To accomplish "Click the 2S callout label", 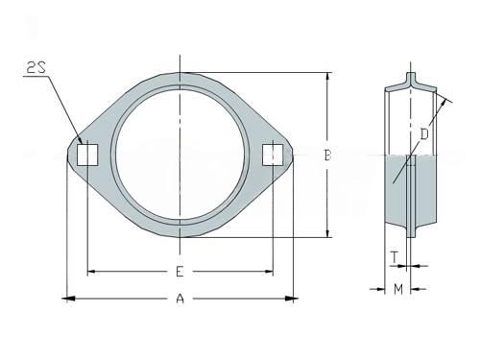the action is pos(36,68).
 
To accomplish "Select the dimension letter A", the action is pos(180,299).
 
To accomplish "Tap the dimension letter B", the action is pos(327,156).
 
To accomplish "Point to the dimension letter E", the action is pos(180,272).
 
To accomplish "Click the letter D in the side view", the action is pos(424,134).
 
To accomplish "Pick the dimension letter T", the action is pos(396,257).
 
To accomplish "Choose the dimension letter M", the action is pos(398,290).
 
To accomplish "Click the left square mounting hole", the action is pos(87,155).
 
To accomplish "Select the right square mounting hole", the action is pos(273,155).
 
